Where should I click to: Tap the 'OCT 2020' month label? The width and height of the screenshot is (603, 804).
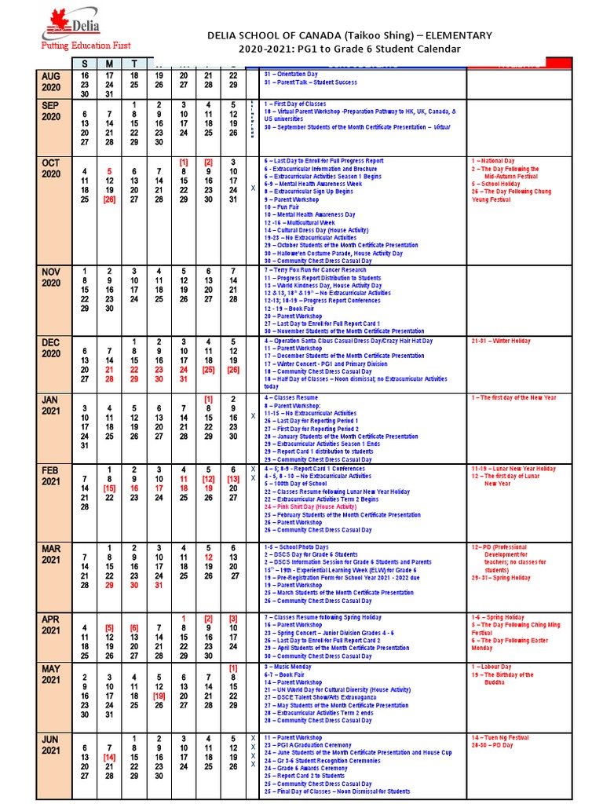(x=51, y=167)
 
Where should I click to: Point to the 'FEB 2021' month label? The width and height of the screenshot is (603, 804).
(x=51, y=475)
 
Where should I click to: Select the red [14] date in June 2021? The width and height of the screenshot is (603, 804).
(x=109, y=757)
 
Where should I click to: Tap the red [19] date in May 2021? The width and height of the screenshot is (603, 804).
(x=159, y=695)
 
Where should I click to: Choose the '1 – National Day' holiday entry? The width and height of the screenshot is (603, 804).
(x=495, y=160)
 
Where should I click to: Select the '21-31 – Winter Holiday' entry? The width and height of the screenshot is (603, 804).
(x=502, y=342)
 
